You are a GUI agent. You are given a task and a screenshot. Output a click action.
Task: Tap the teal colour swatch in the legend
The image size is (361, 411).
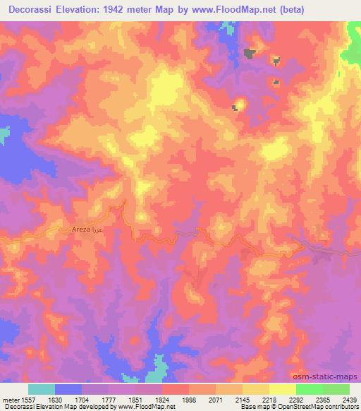pos(42,389)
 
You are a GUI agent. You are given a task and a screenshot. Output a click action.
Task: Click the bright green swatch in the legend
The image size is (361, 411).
pos(309,389)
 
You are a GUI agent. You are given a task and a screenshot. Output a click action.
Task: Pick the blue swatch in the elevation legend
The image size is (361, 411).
pos(68,389)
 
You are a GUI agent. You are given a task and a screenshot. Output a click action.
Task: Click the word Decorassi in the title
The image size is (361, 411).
pos(33,9)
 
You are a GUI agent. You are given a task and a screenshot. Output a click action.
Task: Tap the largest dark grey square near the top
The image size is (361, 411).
pos(249,52)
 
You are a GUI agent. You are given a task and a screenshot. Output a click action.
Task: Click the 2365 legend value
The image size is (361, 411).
pos(322,400)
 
